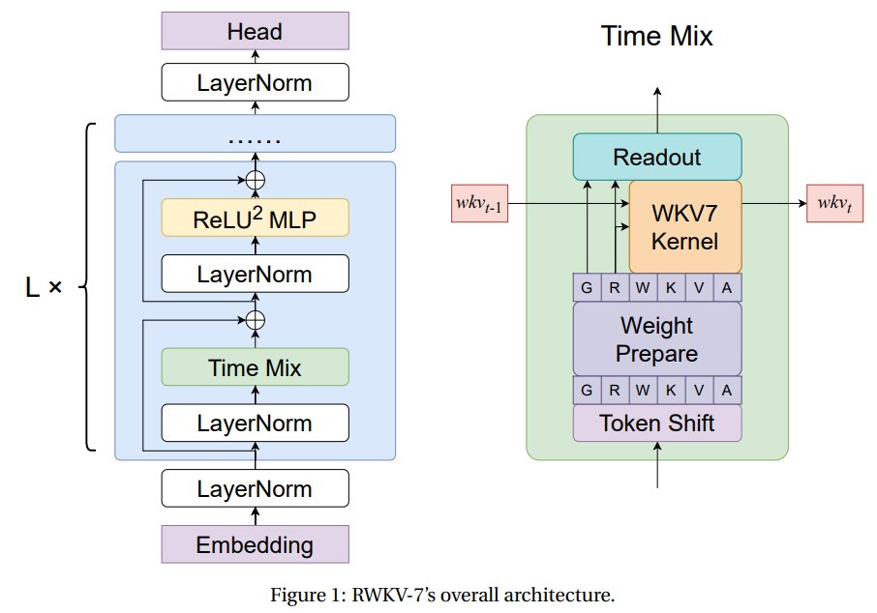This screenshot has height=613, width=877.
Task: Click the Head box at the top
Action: coord(255,32)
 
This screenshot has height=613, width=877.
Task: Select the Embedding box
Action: coord(255,544)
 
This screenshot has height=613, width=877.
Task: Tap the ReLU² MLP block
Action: coord(255,219)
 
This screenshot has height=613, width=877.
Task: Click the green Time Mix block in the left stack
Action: coord(255,367)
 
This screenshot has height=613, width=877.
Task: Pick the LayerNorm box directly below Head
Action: coord(255,83)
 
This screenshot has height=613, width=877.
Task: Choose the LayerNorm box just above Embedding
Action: coord(255,489)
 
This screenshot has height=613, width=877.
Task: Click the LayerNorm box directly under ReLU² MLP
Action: coord(255,274)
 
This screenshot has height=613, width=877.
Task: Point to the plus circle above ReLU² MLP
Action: coord(255,179)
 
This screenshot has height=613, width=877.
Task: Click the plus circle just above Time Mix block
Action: coord(255,319)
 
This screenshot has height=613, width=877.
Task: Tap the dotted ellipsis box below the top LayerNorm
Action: coord(255,134)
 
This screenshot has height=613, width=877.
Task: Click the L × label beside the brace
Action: coord(43,286)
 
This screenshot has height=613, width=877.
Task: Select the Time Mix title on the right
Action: coord(656,38)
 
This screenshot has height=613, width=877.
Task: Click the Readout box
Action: coord(657,157)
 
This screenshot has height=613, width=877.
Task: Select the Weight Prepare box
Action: coord(657,338)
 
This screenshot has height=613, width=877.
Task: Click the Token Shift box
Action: coord(657,423)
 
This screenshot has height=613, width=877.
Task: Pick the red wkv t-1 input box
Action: coord(478,204)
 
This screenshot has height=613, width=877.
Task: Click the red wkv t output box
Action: coord(834,204)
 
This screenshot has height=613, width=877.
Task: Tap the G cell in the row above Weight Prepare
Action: coord(587,288)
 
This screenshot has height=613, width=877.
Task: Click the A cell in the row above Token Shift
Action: coord(727,391)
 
